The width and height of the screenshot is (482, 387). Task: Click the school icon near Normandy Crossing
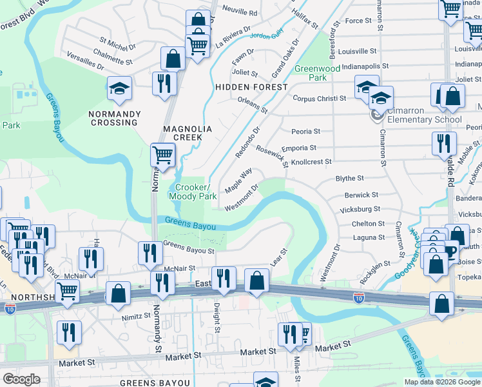pyautogui.click(x=119, y=88)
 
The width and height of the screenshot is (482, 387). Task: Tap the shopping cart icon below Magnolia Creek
pyautogui.click(x=163, y=155)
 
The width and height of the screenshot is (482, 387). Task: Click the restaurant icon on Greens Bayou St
pyautogui.click(x=149, y=252)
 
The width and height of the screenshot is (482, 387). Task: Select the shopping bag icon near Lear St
pyautogui.click(x=256, y=280)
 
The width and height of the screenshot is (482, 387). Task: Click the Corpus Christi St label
pyautogui.click(x=319, y=99)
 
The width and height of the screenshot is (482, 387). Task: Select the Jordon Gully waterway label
pyautogui.click(x=266, y=37)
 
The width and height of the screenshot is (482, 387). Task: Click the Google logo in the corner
pyautogui.click(x=21, y=379)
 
